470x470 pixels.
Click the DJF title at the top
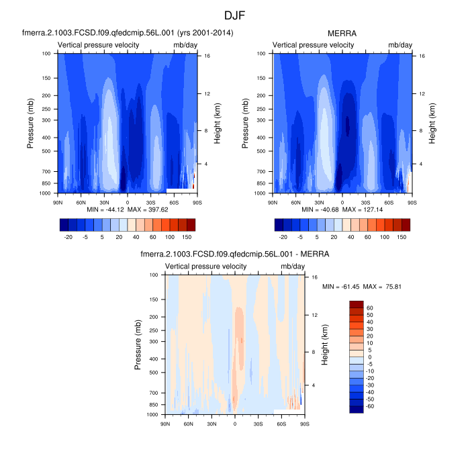(x=234, y=14)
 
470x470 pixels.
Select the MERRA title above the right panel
(x=342, y=33)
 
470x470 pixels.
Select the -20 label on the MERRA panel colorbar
(x=283, y=237)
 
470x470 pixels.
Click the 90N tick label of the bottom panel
(x=164, y=424)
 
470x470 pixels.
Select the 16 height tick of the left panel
(x=201, y=56)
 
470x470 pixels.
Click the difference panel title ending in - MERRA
(x=234, y=254)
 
